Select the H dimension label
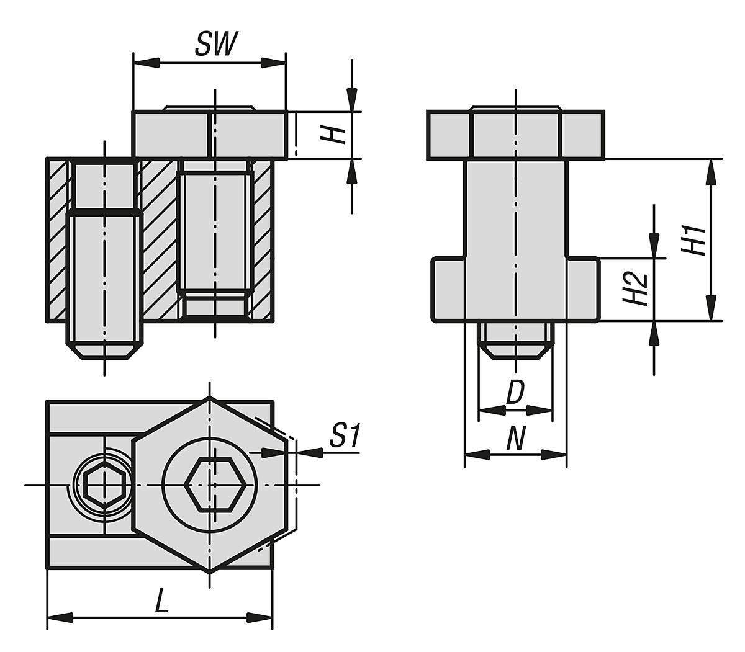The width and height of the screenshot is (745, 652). click(x=336, y=133)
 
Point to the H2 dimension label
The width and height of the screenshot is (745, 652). click(x=636, y=289)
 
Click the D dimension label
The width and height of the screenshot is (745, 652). click(x=515, y=393)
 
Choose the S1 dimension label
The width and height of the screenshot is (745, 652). click(x=345, y=435)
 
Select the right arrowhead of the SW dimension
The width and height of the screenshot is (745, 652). click(x=273, y=63)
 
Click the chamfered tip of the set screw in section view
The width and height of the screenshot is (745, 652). click(x=104, y=351)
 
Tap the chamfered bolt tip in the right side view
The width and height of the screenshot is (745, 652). click(x=515, y=351)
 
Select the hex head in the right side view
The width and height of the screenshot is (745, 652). click(x=515, y=135)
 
